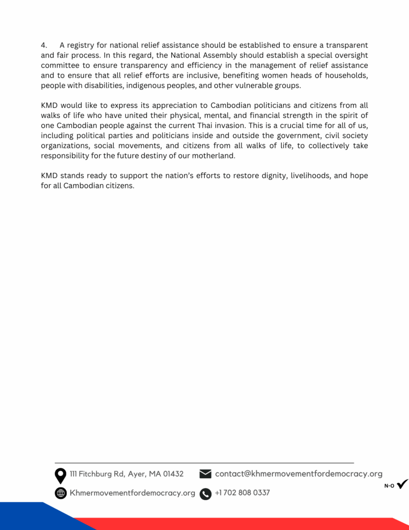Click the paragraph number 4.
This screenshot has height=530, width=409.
[x=43, y=46]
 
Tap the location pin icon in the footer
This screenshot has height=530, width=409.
[x=60, y=475]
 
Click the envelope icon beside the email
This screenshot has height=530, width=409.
[x=205, y=474]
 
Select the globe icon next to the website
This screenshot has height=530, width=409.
[x=60, y=493]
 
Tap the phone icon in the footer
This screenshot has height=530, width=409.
[x=205, y=494]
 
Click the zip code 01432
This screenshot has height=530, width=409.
[x=173, y=474]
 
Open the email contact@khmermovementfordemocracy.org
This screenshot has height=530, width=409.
[x=298, y=474]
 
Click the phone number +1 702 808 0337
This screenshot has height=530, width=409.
[x=242, y=493]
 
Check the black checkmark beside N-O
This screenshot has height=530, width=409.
[x=402, y=484]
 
